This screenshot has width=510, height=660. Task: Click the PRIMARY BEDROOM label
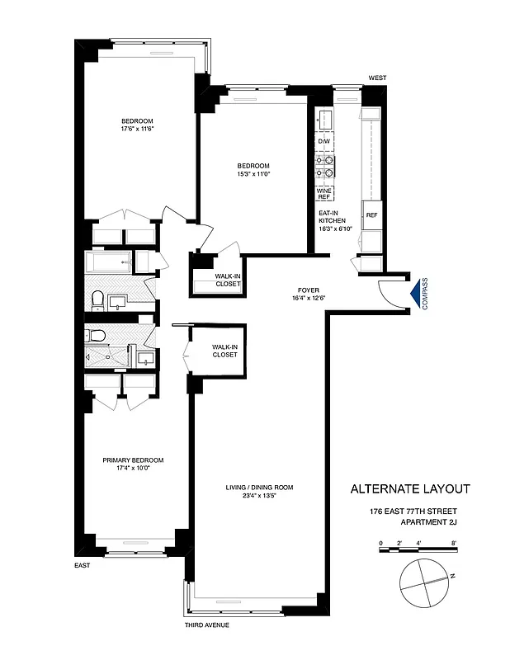pos(133,460)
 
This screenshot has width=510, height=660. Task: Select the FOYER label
pos(309,290)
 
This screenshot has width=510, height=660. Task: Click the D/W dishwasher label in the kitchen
pos(323,142)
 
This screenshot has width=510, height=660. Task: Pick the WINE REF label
pos(323,194)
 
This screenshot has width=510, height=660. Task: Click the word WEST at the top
pos(377,78)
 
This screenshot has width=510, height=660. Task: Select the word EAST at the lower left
pos(81,565)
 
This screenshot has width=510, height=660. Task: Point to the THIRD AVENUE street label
pos(207,625)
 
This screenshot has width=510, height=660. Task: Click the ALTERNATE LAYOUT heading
pos(410,488)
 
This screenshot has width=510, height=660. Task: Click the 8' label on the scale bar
pos(454,543)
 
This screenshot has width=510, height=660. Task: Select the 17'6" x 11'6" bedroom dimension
pos(138,128)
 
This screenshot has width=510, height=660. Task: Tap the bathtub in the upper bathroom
pos(109,263)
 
